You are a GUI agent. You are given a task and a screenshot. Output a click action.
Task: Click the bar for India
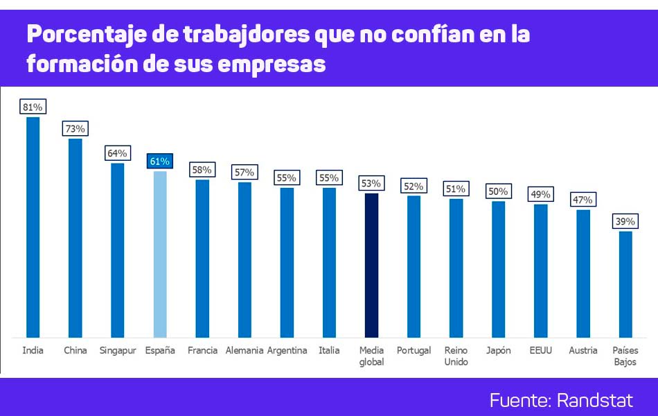point(33,227)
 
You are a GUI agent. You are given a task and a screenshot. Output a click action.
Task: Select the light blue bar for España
point(160,254)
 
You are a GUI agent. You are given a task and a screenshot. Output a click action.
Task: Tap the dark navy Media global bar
point(372,265)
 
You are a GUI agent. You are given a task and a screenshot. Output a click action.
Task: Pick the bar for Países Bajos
point(625,284)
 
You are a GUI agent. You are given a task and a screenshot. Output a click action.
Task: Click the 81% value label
point(33,107)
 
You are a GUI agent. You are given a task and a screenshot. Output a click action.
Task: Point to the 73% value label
point(75,128)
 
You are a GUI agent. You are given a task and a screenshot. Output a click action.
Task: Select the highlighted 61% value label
point(159,162)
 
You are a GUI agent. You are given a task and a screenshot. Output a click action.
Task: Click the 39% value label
point(625,221)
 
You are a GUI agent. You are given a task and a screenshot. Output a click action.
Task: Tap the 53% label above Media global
point(371,184)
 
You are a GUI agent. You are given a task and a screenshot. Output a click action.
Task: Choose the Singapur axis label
point(117,350)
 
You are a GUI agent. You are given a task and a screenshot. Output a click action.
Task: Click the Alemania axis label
point(244,350)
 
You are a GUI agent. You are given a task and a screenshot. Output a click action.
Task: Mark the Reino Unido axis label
point(456,356)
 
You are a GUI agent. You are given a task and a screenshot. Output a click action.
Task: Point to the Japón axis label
point(499,350)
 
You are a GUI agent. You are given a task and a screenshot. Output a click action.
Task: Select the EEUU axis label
point(540,350)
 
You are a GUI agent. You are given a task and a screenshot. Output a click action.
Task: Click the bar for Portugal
point(414,266)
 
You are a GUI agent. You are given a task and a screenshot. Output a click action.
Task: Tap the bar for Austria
point(583,273)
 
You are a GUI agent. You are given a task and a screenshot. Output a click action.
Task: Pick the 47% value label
point(583,200)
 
